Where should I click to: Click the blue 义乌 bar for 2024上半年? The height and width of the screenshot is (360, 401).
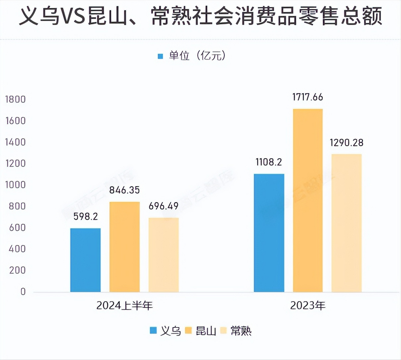pos(85,260)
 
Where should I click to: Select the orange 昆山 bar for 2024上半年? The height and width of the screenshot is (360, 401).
pos(124,247)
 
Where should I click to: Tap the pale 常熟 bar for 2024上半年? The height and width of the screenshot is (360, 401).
pos(163,255)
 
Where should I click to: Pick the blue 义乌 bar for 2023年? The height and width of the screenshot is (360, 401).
pos(269,233)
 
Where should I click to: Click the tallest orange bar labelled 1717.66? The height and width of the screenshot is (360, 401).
pos(308,200)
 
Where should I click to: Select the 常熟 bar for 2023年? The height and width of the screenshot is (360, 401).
pos(347,223)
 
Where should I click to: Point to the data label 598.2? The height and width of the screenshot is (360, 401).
pos(86,216)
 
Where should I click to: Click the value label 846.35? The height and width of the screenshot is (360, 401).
pos(124,190)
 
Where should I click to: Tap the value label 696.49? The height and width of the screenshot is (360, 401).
pos(163,206)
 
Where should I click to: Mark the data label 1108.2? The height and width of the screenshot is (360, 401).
pos(269,162)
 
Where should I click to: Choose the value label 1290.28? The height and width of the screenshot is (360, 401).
pos(347,143)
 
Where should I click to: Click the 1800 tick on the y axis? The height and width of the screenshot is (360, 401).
pos(15,99)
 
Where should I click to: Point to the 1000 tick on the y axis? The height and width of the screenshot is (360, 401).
pos(15,185)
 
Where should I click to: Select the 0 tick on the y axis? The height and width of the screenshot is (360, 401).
pos(23,292)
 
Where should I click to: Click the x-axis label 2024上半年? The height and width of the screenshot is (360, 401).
pos(124,305)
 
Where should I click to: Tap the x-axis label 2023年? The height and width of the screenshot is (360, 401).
pos(308,305)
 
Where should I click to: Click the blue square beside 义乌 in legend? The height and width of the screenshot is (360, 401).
pos(153,331)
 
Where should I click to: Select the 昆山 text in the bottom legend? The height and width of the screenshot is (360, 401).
pos(206,331)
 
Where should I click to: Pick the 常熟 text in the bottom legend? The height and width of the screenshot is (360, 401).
pos(241,331)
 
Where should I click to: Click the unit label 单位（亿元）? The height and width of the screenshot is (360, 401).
pos(197,56)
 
